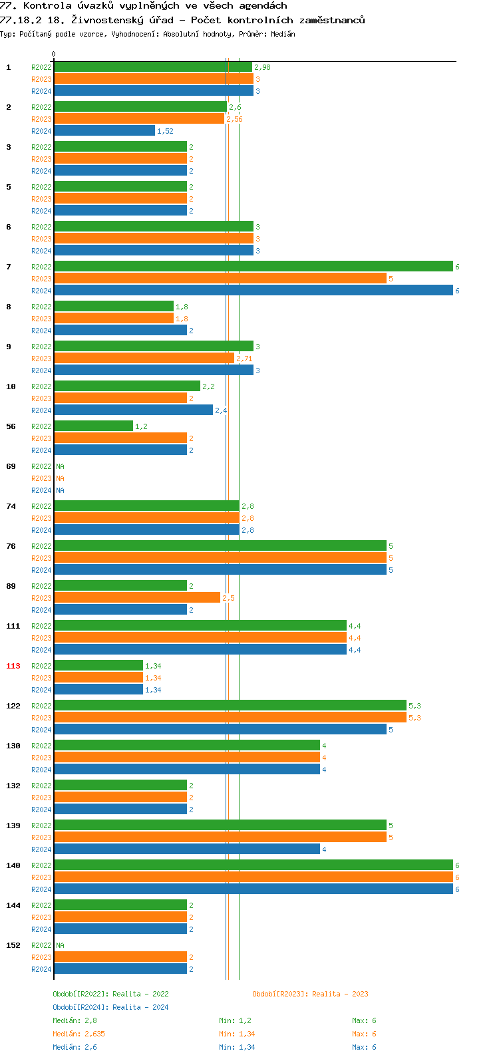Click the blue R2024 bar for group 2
(x=104, y=131)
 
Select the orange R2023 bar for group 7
(x=220, y=279)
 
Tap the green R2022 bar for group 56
(x=94, y=426)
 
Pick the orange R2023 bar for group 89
(x=137, y=598)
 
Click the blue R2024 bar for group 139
(x=187, y=849)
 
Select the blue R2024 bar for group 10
(x=134, y=410)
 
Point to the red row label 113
(x=13, y=666)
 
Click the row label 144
(x=13, y=905)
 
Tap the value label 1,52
(x=165, y=132)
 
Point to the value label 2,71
(x=244, y=359)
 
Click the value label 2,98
(x=262, y=68)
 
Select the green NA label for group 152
(x=60, y=945)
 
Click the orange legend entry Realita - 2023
(x=310, y=994)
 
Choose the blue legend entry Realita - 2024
(x=110, y=1007)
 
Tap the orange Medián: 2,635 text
(x=79, y=1034)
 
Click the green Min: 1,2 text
(x=235, y=1020)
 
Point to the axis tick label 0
(x=54, y=55)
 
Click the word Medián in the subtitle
(x=282, y=34)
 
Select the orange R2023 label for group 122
(x=41, y=718)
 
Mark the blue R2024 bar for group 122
(x=220, y=730)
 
